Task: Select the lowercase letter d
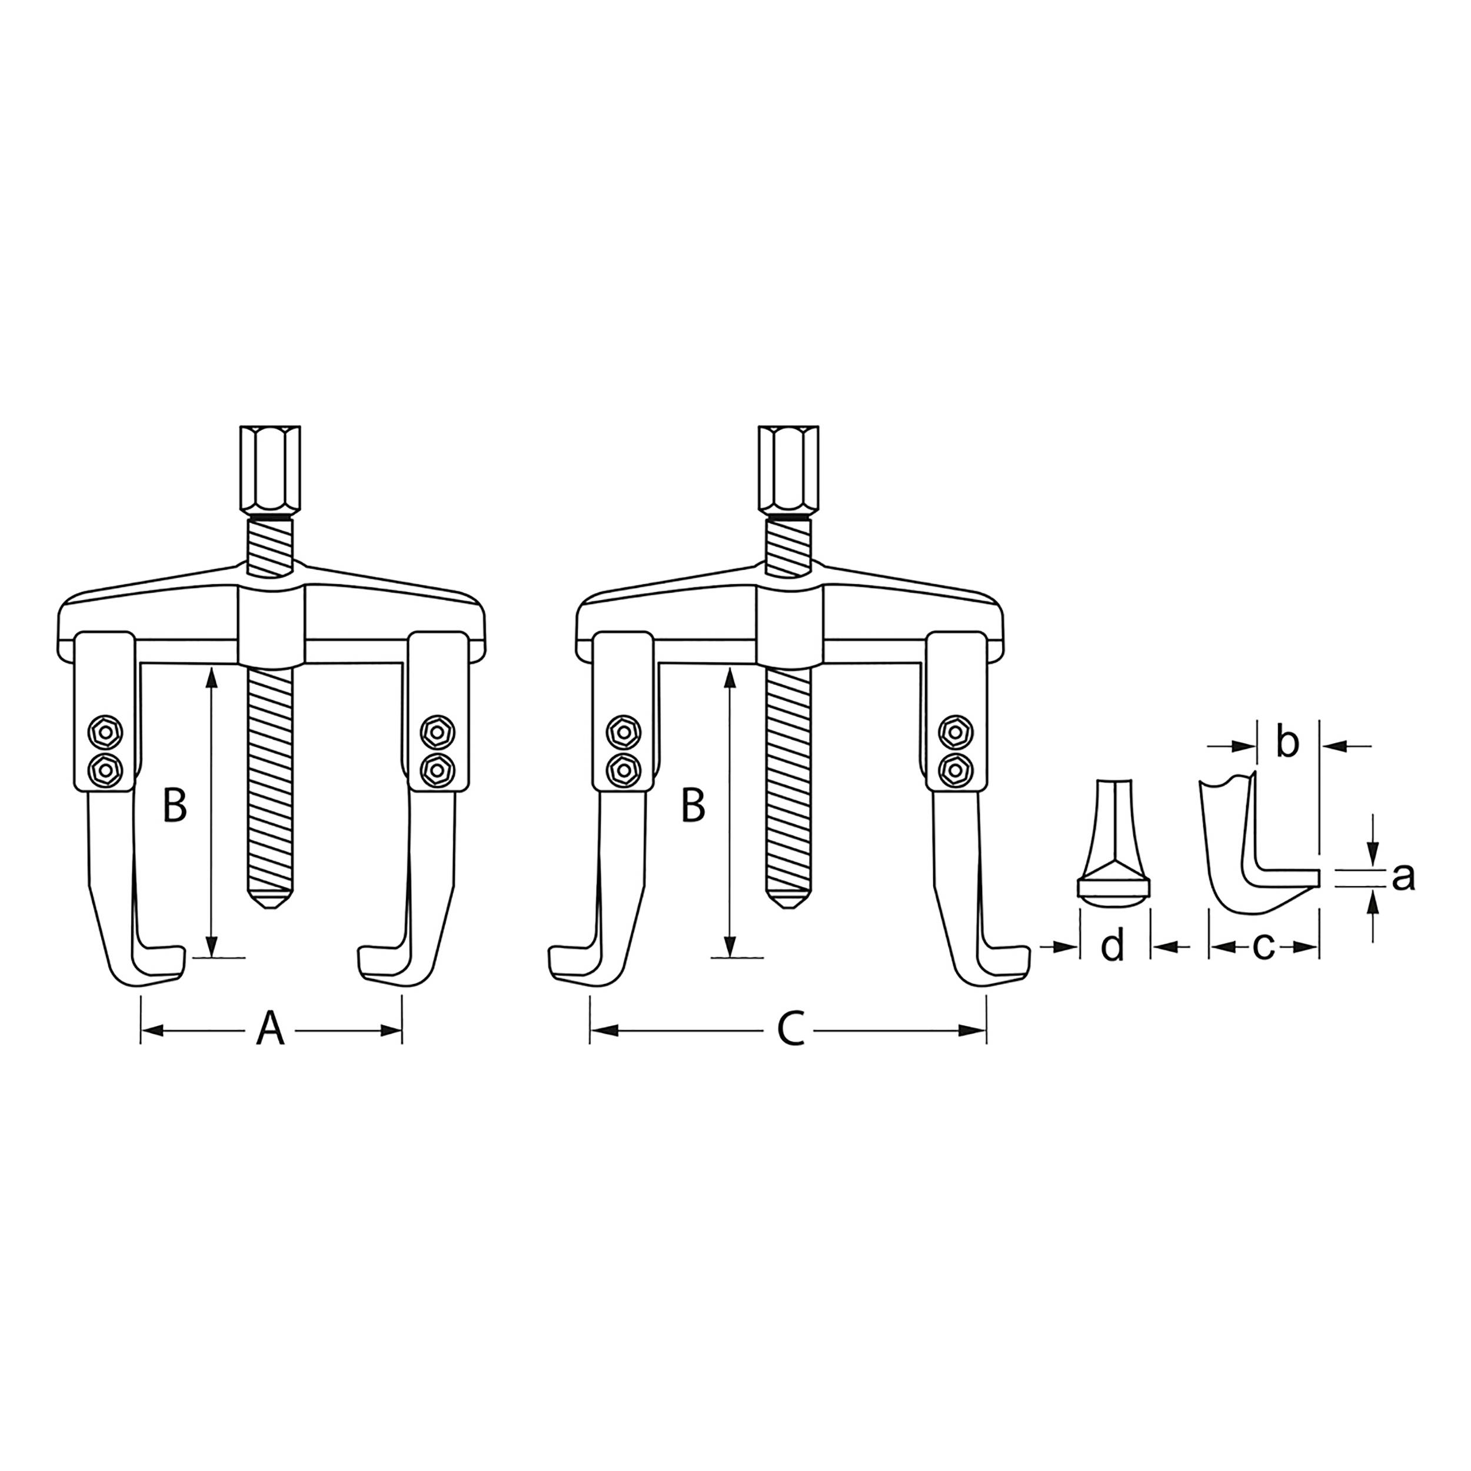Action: [x=1113, y=946]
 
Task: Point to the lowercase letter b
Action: [x=1287, y=743]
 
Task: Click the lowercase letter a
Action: [x=1403, y=877]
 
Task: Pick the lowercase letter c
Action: [x=1263, y=946]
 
